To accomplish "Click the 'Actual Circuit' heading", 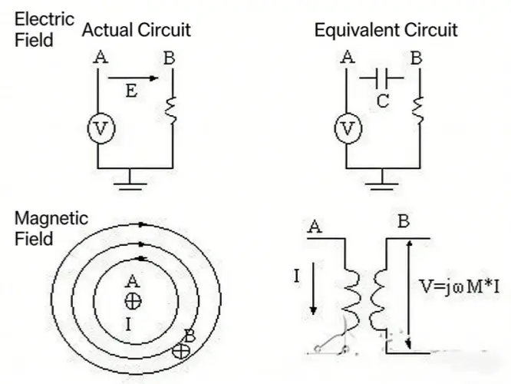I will [136, 31].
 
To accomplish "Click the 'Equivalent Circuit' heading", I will [386, 31].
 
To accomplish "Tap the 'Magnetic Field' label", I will [51, 229].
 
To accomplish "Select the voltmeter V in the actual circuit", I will [99, 130].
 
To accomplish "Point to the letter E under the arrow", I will [131, 93].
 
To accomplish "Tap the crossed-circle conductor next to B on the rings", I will [182, 350].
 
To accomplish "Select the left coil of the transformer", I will [352, 292].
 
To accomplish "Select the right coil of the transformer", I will [379, 292].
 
